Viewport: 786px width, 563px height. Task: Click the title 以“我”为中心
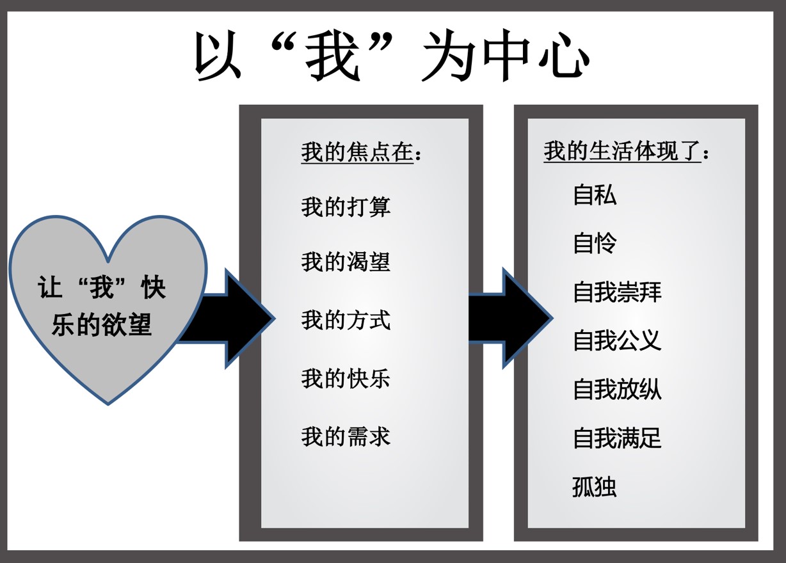click(x=392, y=56)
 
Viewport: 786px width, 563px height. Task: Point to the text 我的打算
click(x=346, y=207)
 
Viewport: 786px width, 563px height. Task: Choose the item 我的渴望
click(x=346, y=262)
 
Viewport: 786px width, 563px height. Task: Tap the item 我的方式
click(x=346, y=320)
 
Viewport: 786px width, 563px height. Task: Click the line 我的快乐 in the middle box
click(x=346, y=379)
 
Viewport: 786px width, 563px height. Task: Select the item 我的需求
click(x=346, y=437)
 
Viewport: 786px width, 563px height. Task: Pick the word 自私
click(x=595, y=194)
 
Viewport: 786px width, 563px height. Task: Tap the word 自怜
click(x=595, y=243)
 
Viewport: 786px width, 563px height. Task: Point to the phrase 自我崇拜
click(x=617, y=292)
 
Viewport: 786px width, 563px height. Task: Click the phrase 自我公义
click(x=617, y=340)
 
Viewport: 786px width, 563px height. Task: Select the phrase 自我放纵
click(x=617, y=390)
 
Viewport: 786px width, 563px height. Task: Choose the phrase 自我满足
click(x=617, y=438)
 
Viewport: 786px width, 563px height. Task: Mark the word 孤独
click(x=595, y=487)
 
